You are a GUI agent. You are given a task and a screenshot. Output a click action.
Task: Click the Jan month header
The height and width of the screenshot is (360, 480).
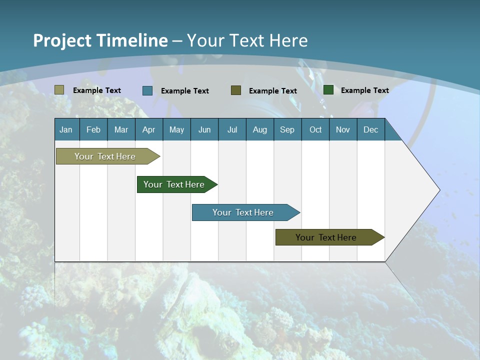(66, 130)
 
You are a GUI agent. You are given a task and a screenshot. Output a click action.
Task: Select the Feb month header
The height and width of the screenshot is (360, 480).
(93, 130)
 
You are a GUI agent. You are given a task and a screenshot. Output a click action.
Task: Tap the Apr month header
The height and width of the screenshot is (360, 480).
(149, 130)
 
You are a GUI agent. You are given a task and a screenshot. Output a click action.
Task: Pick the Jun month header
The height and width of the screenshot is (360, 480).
(204, 130)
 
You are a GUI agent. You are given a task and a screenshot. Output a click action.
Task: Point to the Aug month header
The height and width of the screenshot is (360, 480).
(260, 130)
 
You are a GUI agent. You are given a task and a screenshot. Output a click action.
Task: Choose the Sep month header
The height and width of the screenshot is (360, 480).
(287, 130)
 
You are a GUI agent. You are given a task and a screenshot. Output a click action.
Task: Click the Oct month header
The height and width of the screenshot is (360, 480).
(315, 130)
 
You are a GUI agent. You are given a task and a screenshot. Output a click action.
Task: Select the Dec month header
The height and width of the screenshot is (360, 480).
(371, 130)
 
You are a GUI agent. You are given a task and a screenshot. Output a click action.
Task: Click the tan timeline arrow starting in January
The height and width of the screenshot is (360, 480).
(105, 156)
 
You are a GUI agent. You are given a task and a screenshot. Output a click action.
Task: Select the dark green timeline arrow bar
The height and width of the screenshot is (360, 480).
(174, 184)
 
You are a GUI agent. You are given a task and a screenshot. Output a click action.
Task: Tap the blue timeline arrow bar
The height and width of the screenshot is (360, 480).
(243, 212)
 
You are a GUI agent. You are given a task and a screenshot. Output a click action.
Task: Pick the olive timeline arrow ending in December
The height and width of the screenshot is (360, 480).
(326, 237)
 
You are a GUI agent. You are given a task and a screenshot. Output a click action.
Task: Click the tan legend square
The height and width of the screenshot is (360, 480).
(59, 90)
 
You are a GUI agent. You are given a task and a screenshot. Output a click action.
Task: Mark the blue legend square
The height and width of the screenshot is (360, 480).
(147, 90)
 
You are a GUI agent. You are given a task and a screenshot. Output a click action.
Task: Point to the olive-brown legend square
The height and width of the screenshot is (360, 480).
(236, 90)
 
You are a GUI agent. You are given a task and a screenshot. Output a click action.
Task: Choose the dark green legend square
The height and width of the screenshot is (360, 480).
(328, 90)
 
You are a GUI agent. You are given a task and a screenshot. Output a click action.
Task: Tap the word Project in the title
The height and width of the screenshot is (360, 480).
(62, 40)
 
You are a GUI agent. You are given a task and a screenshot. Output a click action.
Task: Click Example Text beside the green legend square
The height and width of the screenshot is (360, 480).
(364, 90)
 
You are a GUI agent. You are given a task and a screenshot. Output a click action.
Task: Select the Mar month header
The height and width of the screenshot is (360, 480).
(121, 130)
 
